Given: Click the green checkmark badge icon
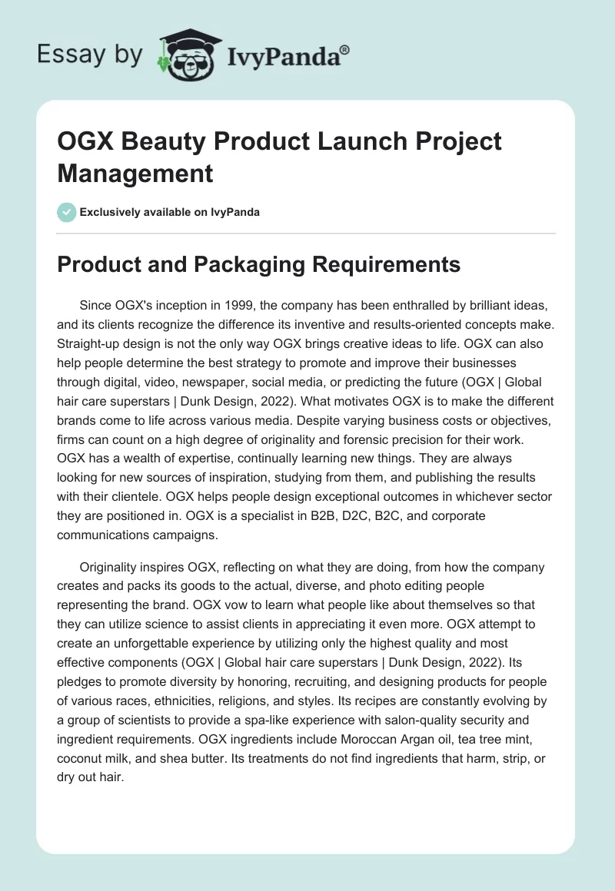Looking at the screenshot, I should click(x=67, y=212).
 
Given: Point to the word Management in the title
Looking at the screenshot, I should click(x=135, y=174).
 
